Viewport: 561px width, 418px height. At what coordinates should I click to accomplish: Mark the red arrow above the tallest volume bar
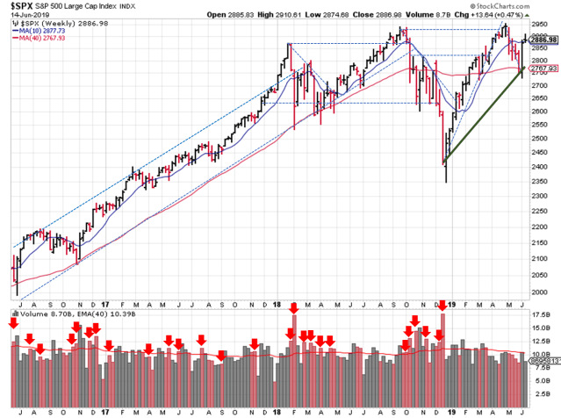click(442, 306)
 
